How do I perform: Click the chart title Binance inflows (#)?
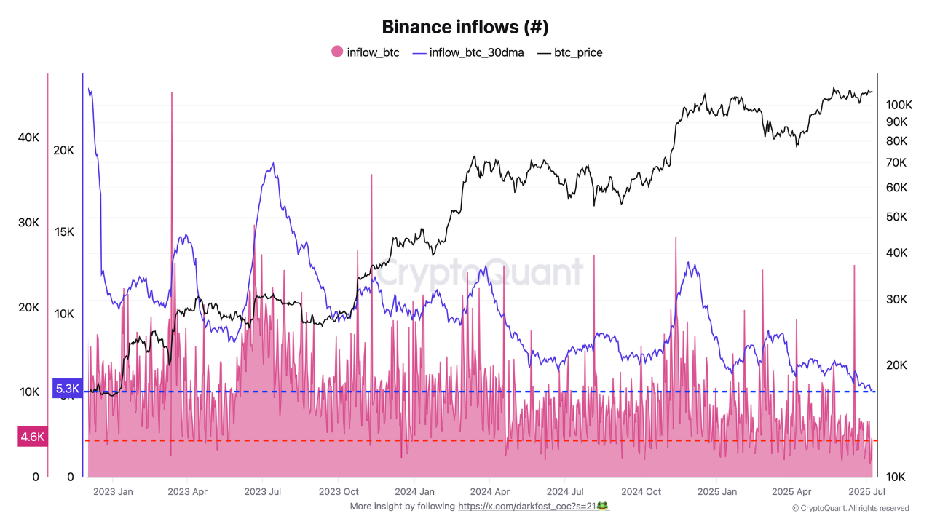pos(465,28)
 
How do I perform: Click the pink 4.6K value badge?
pos(33,437)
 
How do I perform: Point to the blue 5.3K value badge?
pos(67,389)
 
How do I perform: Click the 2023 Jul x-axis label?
pos(264,491)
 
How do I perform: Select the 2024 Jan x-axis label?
pos(415,491)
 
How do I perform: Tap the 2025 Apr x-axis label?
pos(791,491)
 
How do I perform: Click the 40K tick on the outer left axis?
pos(29,138)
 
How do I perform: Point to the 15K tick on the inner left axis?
pos(64,232)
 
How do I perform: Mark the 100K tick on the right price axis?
pos(898,105)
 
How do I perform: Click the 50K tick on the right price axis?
pos(896,217)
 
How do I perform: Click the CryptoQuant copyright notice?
pos(850,508)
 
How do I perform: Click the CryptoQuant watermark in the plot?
pos(481,273)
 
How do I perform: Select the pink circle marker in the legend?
pos(337,52)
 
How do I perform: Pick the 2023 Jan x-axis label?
pos(114,491)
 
